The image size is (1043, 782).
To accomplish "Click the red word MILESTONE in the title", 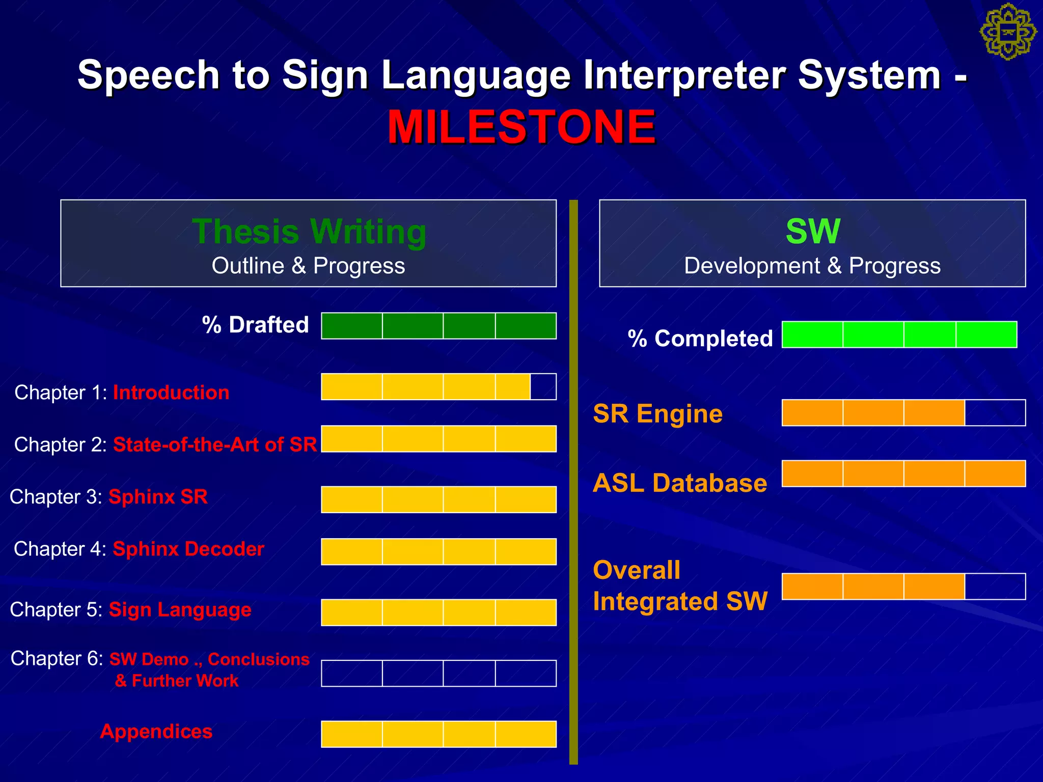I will [521, 127].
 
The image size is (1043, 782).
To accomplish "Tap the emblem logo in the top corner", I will [1008, 32].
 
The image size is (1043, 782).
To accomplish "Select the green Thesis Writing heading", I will [309, 232].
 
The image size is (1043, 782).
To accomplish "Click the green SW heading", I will [812, 232].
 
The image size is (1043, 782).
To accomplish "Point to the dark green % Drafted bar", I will [438, 326].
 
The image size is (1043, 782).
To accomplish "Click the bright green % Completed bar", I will [899, 334].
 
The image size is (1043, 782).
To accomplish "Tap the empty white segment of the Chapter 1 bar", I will [543, 387].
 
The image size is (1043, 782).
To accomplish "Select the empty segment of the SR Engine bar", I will [995, 412].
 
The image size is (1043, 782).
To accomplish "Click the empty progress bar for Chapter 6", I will [438, 673].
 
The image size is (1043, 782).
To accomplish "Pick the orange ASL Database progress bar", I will [903, 473].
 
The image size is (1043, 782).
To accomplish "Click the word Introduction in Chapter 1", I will [171, 393].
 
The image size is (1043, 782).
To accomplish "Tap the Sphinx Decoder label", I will [188, 549].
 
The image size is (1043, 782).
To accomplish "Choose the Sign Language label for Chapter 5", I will [180, 609].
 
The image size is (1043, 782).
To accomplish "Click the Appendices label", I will [156, 731].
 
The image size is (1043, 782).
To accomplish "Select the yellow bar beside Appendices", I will [438, 734].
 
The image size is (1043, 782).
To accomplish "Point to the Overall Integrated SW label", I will [680, 585].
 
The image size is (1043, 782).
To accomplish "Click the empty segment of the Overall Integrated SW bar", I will [995, 586].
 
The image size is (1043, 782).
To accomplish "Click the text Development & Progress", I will [812, 266].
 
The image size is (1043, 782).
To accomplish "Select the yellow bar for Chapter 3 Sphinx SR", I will [438, 499].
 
